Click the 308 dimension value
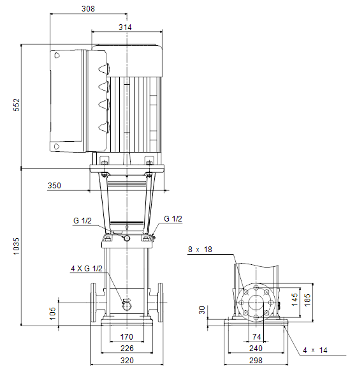click(x=88, y=9)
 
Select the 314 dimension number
click(x=125, y=27)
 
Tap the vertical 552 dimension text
click(x=17, y=105)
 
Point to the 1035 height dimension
click(x=17, y=246)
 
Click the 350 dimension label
click(x=54, y=185)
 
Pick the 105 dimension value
click(x=52, y=313)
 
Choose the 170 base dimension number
click(x=126, y=336)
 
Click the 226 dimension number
click(x=127, y=348)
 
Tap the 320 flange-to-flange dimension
click(x=127, y=360)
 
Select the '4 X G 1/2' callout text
click(x=87, y=269)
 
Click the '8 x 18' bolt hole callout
click(x=200, y=250)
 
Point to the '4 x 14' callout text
click(x=315, y=350)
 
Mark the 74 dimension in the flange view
click(x=257, y=336)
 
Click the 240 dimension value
click(x=256, y=348)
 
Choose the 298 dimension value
click(x=256, y=360)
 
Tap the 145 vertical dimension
click(x=295, y=299)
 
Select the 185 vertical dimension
click(x=307, y=300)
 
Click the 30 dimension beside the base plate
click(x=202, y=310)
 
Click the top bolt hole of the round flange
click(x=256, y=287)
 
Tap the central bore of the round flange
click(x=256, y=303)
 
